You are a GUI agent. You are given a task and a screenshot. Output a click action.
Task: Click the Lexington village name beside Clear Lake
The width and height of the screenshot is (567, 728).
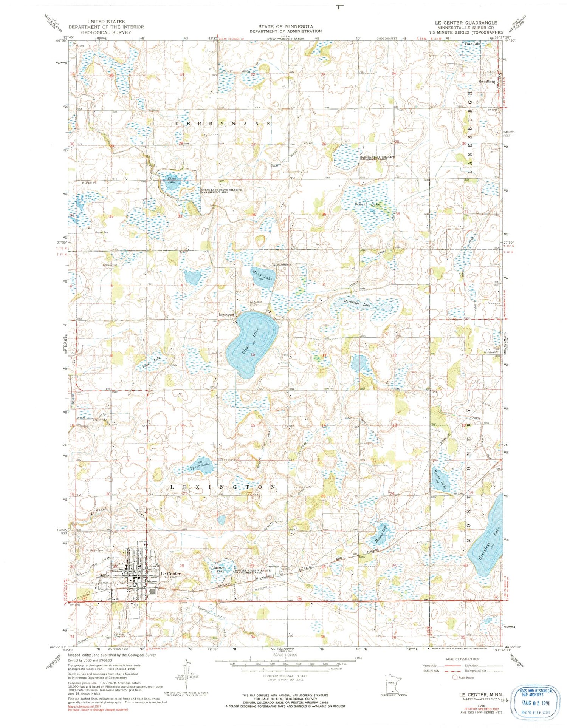pos(227,314)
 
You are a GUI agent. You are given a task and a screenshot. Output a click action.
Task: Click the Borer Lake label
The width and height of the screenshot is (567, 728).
pos(440,480)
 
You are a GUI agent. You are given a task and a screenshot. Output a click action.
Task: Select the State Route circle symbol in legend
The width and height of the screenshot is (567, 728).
pos(455,677)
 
